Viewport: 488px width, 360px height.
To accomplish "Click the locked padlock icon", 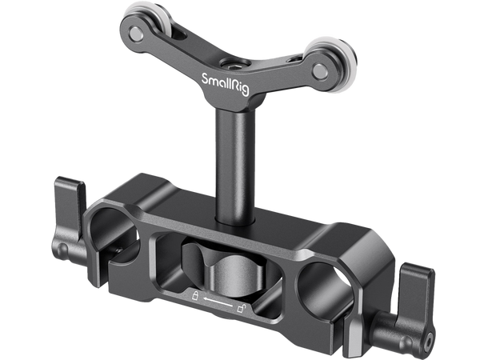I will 194,298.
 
